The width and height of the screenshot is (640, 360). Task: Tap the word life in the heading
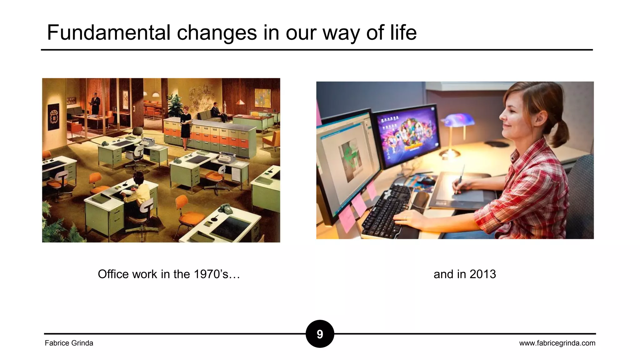pyautogui.click(x=403, y=32)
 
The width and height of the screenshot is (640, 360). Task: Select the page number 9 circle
pyautogui.click(x=320, y=334)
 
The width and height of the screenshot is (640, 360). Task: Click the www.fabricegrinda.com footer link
pyautogui.click(x=557, y=343)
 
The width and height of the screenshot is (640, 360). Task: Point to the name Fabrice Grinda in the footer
pyautogui.click(x=69, y=343)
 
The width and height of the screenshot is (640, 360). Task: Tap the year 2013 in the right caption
pyautogui.click(x=482, y=274)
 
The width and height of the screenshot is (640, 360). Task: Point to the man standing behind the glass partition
pyautogui.click(x=95, y=103)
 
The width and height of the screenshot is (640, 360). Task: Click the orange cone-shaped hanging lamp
pyautogui.click(x=240, y=102)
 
